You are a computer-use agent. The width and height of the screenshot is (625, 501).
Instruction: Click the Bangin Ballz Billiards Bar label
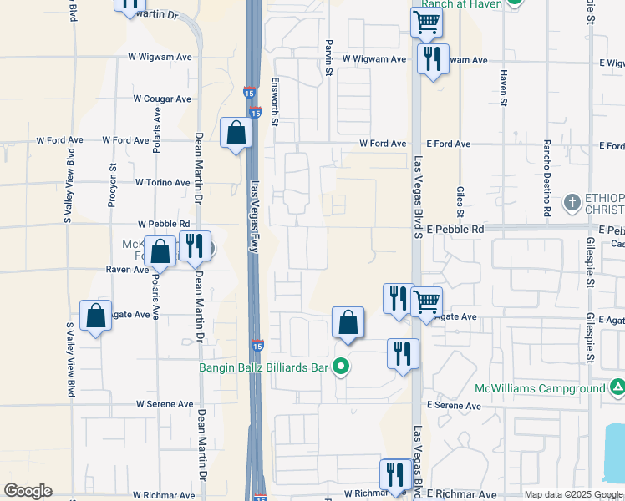(x=263, y=366)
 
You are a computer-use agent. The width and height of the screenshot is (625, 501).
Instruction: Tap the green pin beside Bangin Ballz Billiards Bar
(x=340, y=366)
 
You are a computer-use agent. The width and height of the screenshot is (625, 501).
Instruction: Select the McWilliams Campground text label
(x=540, y=388)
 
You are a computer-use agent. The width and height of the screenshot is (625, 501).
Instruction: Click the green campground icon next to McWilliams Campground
(x=617, y=387)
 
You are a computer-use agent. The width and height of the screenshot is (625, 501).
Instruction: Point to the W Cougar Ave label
(x=162, y=99)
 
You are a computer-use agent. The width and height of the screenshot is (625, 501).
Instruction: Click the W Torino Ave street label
(x=163, y=182)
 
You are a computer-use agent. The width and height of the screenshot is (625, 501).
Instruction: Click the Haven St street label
(x=504, y=88)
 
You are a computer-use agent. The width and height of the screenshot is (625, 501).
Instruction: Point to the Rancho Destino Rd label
(x=547, y=178)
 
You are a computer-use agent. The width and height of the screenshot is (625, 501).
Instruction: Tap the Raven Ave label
(x=127, y=269)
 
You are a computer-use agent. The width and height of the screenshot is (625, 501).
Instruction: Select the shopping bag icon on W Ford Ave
(x=236, y=133)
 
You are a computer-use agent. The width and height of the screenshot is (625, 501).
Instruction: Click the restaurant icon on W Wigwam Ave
(x=432, y=59)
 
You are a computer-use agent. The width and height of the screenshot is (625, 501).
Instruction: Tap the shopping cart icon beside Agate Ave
(x=426, y=301)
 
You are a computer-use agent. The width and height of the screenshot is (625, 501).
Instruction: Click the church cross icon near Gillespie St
(x=572, y=202)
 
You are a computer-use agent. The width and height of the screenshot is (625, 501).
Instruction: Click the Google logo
(x=28, y=491)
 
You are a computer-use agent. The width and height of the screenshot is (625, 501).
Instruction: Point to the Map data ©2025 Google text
(x=572, y=494)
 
